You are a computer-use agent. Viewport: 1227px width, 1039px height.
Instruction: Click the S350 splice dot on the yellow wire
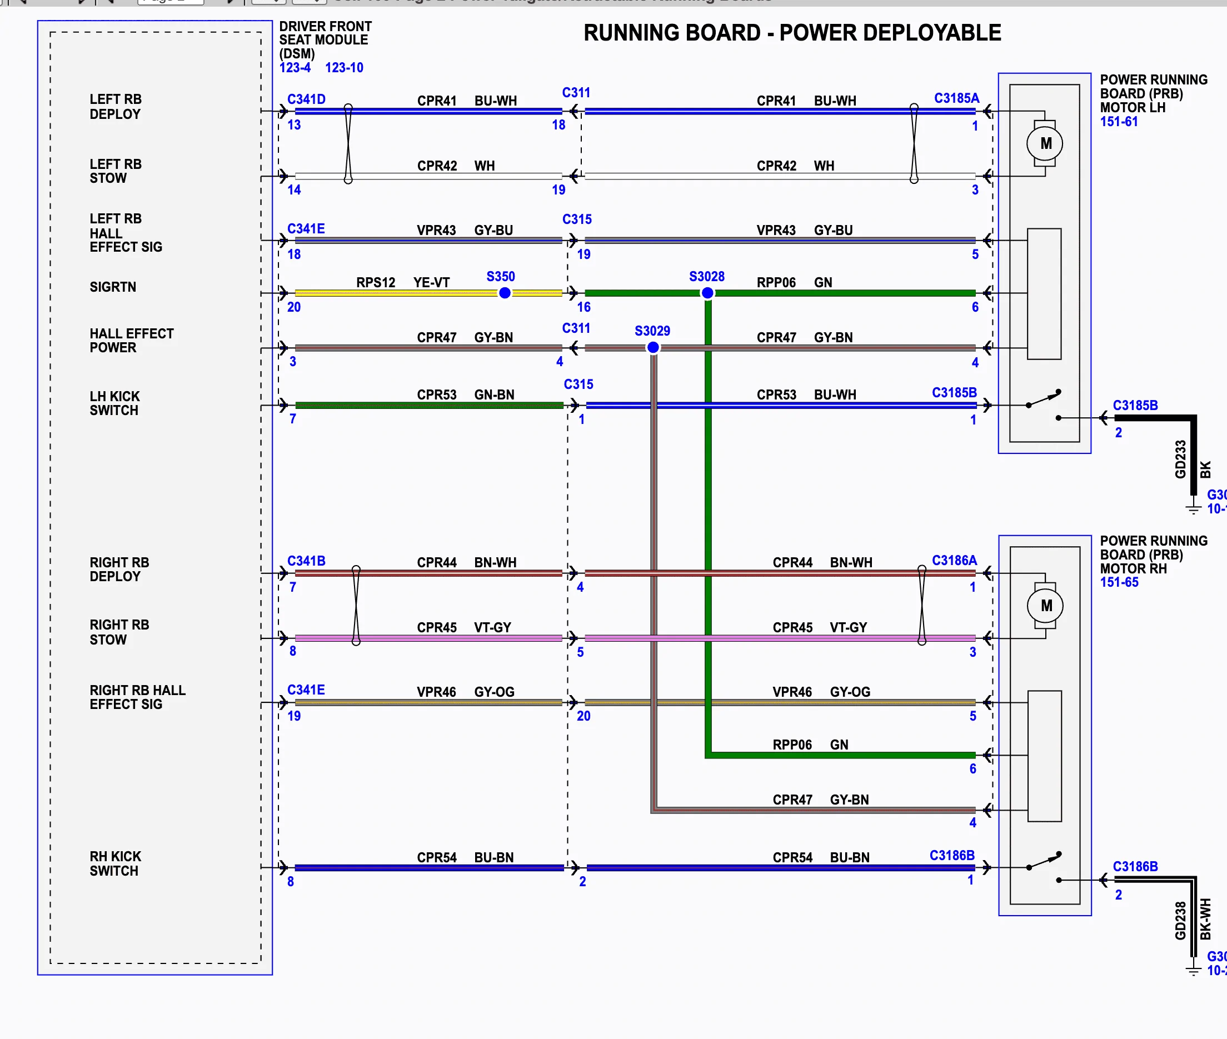coord(505,293)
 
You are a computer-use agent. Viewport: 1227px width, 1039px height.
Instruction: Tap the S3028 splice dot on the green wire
coord(707,293)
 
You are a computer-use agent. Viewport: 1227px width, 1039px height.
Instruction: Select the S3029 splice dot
coord(652,347)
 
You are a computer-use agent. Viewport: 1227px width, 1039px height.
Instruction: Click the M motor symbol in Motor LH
coord(1046,143)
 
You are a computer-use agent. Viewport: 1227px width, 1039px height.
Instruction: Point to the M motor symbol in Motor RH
coord(1046,606)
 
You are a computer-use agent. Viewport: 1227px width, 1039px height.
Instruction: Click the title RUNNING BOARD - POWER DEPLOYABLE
coord(792,33)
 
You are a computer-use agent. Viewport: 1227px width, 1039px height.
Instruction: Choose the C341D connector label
coord(306,99)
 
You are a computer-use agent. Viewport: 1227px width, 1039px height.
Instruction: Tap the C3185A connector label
coord(956,98)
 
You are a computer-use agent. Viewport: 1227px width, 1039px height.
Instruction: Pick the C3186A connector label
coord(954,560)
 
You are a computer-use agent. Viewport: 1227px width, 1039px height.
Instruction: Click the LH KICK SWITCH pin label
coord(115,403)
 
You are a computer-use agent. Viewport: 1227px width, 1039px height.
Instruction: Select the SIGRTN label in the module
coord(112,287)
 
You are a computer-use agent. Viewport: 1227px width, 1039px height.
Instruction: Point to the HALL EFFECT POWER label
coord(131,341)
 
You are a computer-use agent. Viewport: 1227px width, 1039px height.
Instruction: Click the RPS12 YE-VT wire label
coord(402,282)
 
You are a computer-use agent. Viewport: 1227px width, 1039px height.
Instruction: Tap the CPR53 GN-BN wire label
coord(465,394)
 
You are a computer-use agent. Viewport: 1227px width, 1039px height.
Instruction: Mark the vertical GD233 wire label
coord(1180,459)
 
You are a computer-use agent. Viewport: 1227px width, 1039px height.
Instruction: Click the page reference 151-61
coord(1119,121)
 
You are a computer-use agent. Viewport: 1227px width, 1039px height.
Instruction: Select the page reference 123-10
coord(344,68)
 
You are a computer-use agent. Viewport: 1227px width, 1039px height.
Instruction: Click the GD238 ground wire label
coord(1180,921)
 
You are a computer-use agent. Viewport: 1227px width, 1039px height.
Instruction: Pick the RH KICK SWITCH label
coord(115,863)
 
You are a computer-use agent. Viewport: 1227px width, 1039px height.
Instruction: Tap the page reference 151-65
coord(1119,582)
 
